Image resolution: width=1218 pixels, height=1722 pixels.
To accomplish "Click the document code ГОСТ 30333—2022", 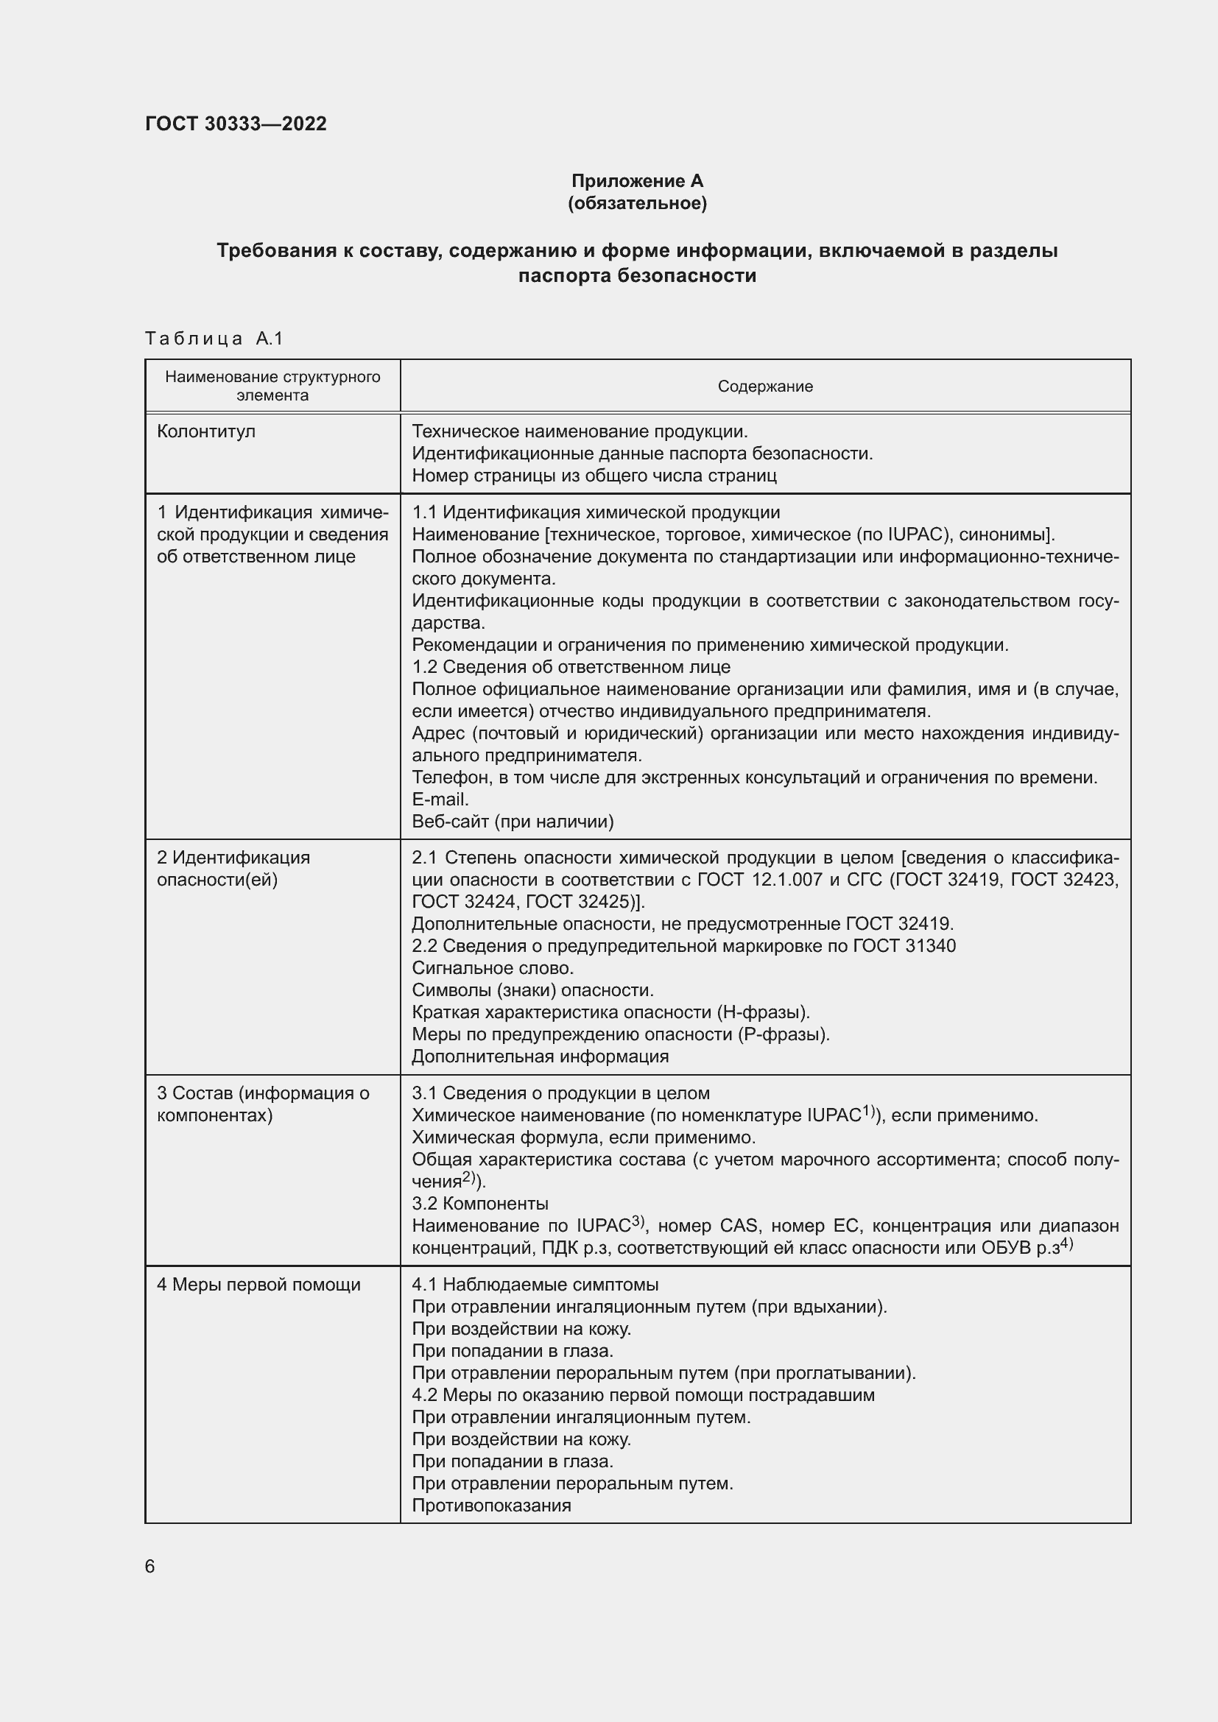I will point(236,124).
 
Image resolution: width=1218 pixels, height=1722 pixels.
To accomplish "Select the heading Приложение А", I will point(637,181).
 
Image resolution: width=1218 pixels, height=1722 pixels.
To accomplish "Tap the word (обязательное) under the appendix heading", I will point(637,203).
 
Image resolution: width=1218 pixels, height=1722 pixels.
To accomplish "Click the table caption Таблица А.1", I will point(214,339).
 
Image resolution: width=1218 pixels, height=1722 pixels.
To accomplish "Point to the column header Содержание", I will point(765,387).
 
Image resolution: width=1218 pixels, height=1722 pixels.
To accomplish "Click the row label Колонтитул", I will point(205,431).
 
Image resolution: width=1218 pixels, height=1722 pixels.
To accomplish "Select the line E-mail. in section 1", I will point(440,800).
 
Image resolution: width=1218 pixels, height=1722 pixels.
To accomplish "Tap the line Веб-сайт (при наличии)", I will point(513,822).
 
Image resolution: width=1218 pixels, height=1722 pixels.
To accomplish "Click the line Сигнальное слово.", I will point(493,967).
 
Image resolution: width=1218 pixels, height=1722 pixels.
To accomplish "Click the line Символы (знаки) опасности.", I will point(532,990).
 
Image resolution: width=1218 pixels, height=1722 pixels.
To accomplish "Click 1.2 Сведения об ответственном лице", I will point(571,667).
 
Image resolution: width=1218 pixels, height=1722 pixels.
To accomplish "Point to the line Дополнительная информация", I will point(540,1056).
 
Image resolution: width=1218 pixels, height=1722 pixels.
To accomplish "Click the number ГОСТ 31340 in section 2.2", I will point(904,946).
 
